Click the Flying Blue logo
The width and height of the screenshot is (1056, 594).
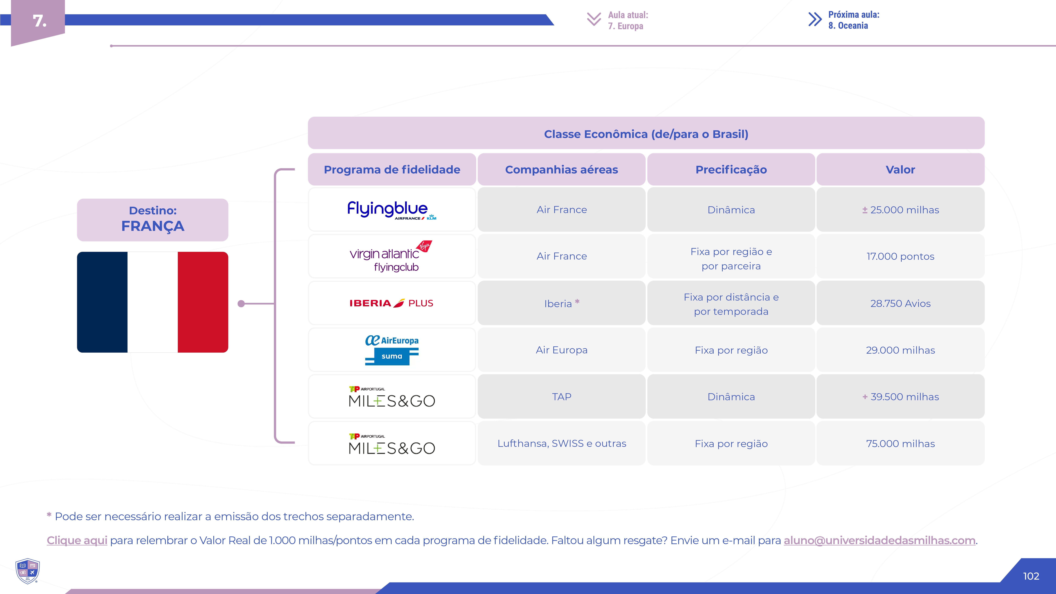pyautogui.click(x=392, y=210)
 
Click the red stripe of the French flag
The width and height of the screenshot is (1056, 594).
pyautogui.click(x=203, y=302)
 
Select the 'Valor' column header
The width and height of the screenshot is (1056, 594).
pyautogui.click(x=900, y=169)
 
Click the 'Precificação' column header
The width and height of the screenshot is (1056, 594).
pyautogui.click(x=731, y=169)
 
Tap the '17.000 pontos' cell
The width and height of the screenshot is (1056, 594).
pyautogui.click(x=900, y=256)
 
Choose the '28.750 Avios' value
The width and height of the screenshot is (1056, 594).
pyautogui.click(x=900, y=303)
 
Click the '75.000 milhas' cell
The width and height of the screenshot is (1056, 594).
pyautogui.click(x=900, y=444)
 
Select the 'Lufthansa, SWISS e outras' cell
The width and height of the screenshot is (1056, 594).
pyautogui.click(x=562, y=444)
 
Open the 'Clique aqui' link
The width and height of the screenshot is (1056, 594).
pyautogui.click(x=77, y=540)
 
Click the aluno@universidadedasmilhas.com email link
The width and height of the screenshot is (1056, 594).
pyautogui.click(x=879, y=540)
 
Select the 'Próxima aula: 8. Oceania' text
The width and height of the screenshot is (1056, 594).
pyautogui.click(x=854, y=20)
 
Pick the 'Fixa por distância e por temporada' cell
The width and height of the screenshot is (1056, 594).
pyautogui.click(x=731, y=303)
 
